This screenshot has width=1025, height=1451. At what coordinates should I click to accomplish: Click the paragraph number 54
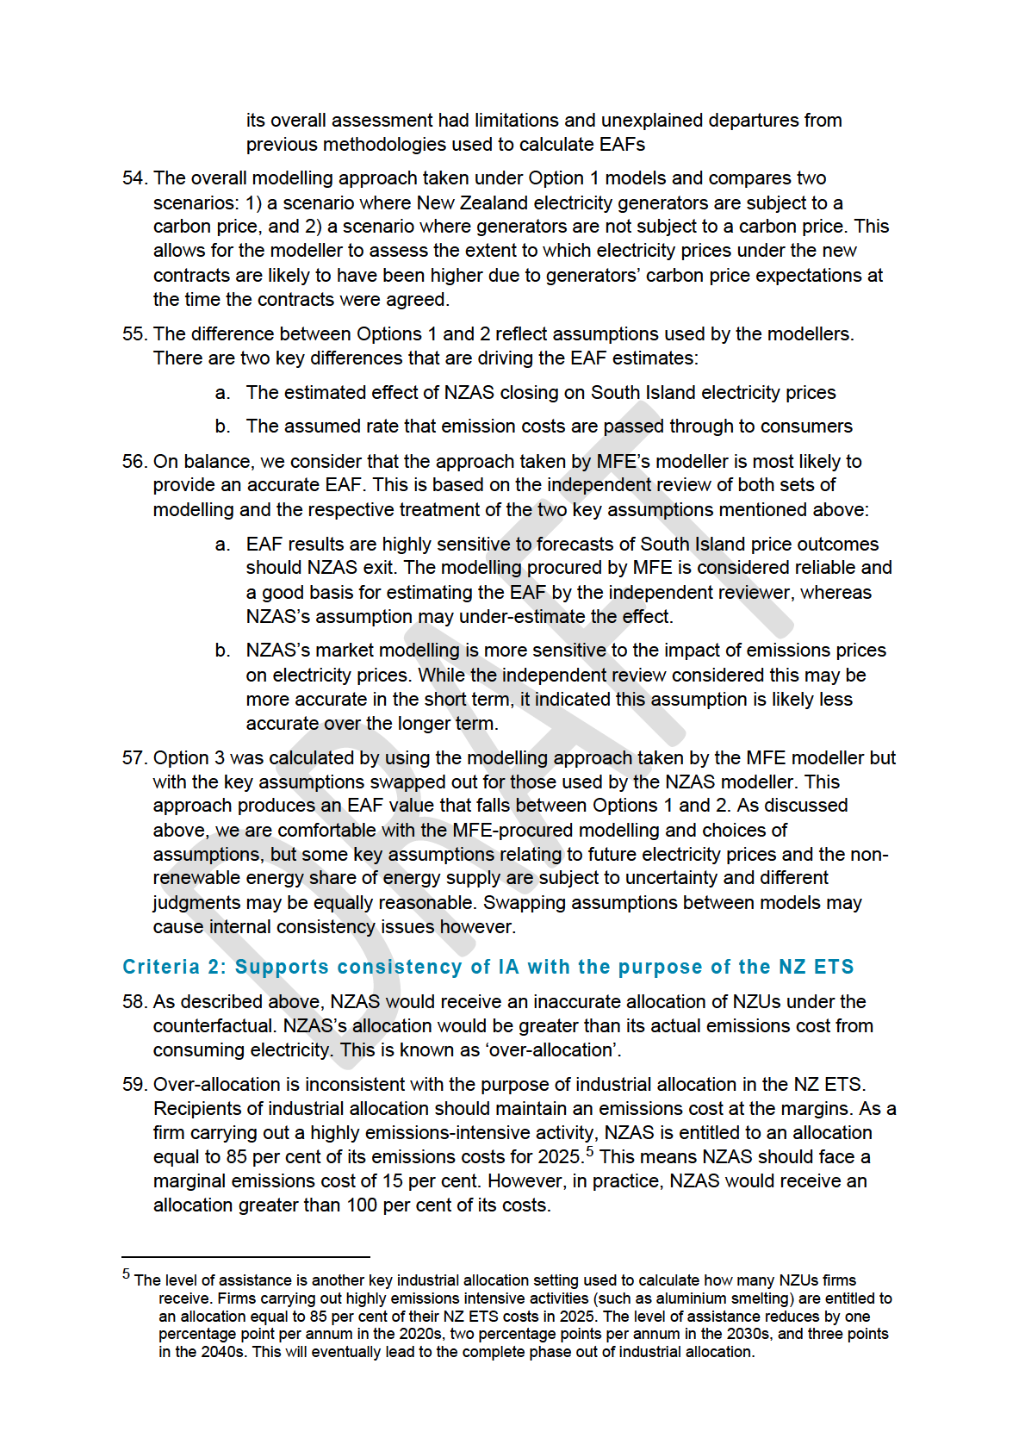134,178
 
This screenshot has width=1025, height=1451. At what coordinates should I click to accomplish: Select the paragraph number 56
134,462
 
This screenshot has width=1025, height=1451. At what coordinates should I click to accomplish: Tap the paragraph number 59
134,1085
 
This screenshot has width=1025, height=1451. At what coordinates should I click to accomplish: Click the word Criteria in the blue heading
161,967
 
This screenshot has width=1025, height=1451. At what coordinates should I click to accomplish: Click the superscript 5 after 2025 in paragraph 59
590,1151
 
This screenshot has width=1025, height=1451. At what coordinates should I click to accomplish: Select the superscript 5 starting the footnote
126,1274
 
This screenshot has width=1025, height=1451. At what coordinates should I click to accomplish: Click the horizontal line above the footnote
245,1257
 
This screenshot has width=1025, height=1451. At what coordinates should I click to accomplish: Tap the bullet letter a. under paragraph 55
223,393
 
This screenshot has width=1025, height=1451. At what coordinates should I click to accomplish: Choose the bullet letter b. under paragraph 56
223,651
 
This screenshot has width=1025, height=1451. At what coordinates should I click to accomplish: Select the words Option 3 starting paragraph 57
189,758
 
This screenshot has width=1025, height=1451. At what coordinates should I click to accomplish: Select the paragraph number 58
134,1002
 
